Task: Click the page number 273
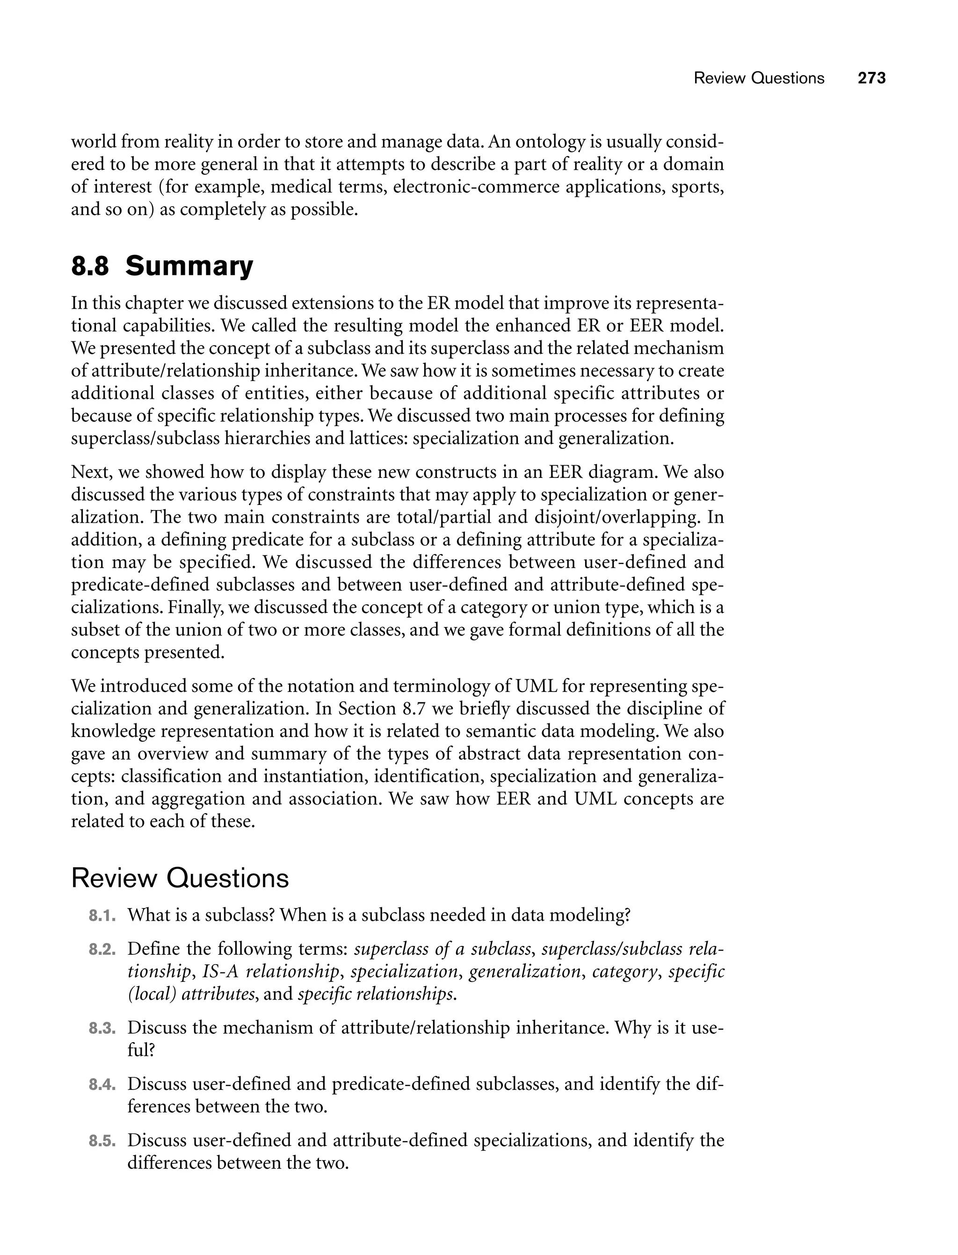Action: (x=871, y=78)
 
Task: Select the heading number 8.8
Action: (x=89, y=267)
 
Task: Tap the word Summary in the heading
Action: (x=189, y=267)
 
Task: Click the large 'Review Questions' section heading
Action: (x=180, y=878)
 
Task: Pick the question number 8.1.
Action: (x=102, y=916)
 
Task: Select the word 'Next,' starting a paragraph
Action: (x=91, y=472)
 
